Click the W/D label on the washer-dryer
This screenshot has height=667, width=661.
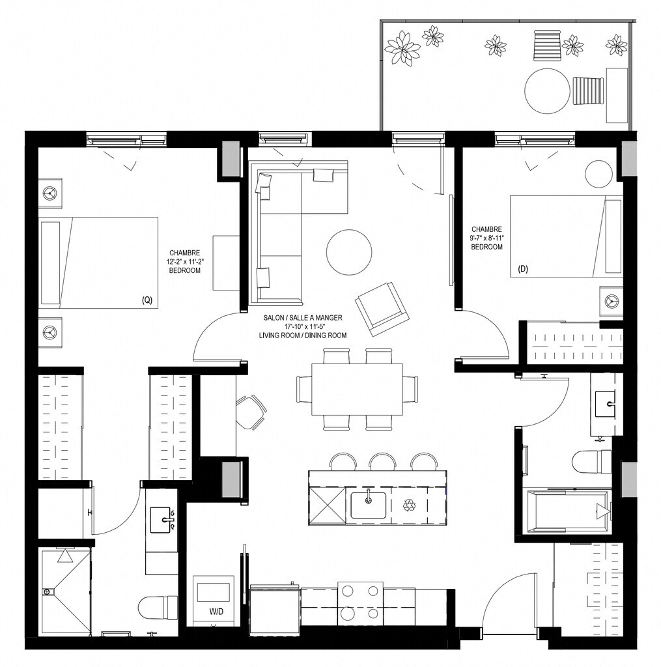(216, 612)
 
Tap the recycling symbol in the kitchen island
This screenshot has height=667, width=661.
(410, 505)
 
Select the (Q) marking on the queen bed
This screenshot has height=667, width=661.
(147, 300)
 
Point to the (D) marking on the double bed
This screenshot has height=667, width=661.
(523, 269)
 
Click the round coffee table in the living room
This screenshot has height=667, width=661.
(349, 253)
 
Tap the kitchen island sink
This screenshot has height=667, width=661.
(369, 505)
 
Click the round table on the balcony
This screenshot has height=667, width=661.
(547, 91)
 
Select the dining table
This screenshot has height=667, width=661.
(358, 390)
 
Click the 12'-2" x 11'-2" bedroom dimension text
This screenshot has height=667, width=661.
(184, 262)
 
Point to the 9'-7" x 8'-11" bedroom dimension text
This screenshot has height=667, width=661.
(486, 238)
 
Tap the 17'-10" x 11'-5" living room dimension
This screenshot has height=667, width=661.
(302, 326)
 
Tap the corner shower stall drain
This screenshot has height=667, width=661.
(46, 591)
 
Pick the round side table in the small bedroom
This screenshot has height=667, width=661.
(599, 174)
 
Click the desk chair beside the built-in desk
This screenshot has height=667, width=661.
(251, 412)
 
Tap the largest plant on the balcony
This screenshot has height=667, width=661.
(402, 47)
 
